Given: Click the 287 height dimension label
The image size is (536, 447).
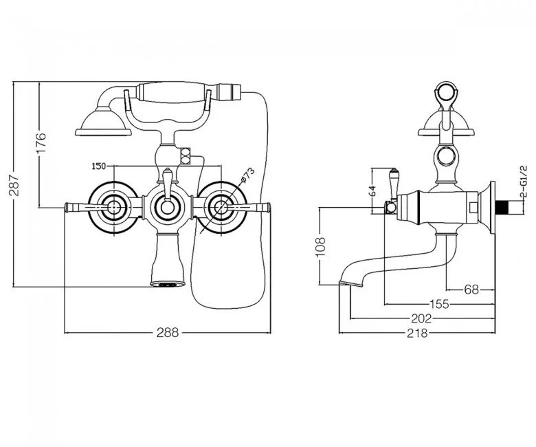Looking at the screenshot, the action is (x=14, y=185).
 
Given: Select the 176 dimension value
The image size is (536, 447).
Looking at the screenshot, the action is (x=41, y=142).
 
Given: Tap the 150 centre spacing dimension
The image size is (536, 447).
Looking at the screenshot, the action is (x=98, y=166).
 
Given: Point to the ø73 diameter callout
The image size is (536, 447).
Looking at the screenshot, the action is (x=248, y=175).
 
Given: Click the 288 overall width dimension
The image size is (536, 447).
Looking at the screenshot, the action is (x=168, y=332).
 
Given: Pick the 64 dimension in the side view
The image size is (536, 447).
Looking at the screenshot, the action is (x=372, y=190).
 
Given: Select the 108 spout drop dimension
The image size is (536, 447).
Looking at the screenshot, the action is (x=320, y=247).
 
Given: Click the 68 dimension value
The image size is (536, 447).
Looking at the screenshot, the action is (x=471, y=290).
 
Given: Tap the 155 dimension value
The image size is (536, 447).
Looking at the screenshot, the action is (x=439, y=304).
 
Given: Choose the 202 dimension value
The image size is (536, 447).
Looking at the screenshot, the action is (x=421, y=318).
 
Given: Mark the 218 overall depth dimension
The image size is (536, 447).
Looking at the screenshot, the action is (x=417, y=333).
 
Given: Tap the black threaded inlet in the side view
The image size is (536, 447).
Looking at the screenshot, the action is (x=501, y=208).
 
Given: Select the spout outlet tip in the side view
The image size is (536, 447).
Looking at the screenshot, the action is (x=350, y=283).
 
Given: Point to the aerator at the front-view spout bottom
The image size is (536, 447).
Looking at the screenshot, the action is (x=167, y=284).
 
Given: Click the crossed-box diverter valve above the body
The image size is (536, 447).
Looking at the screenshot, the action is (x=186, y=155).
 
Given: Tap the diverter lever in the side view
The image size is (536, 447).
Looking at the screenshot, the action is (x=393, y=184).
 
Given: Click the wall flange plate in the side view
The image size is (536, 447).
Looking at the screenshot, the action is (x=493, y=208).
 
